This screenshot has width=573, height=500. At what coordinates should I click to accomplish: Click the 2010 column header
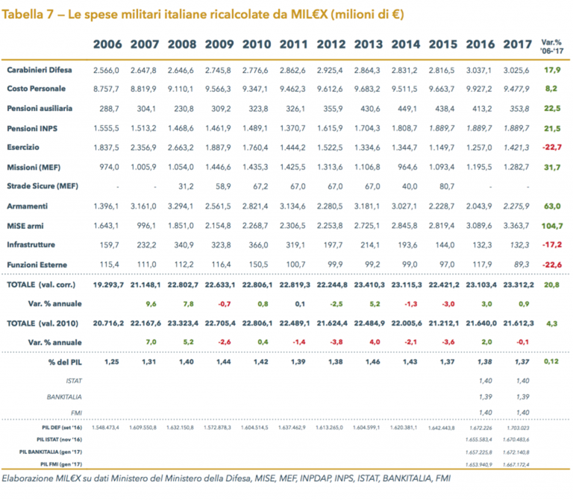[257, 44]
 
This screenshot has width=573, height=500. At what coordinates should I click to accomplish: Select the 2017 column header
[517, 44]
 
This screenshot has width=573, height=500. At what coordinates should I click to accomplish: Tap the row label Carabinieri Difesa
[40, 69]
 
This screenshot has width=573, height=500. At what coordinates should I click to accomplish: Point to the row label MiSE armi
[25, 224]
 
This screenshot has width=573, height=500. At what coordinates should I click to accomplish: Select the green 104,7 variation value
[551, 224]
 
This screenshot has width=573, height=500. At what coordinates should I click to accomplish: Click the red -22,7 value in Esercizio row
[551, 147]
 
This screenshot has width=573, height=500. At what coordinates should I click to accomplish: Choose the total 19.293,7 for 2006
[107, 285]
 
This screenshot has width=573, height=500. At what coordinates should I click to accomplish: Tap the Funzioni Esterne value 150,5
[257, 264]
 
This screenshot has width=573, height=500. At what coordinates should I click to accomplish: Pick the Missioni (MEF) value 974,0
[109, 166]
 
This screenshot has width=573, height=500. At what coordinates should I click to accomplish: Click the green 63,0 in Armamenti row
[552, 205]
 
